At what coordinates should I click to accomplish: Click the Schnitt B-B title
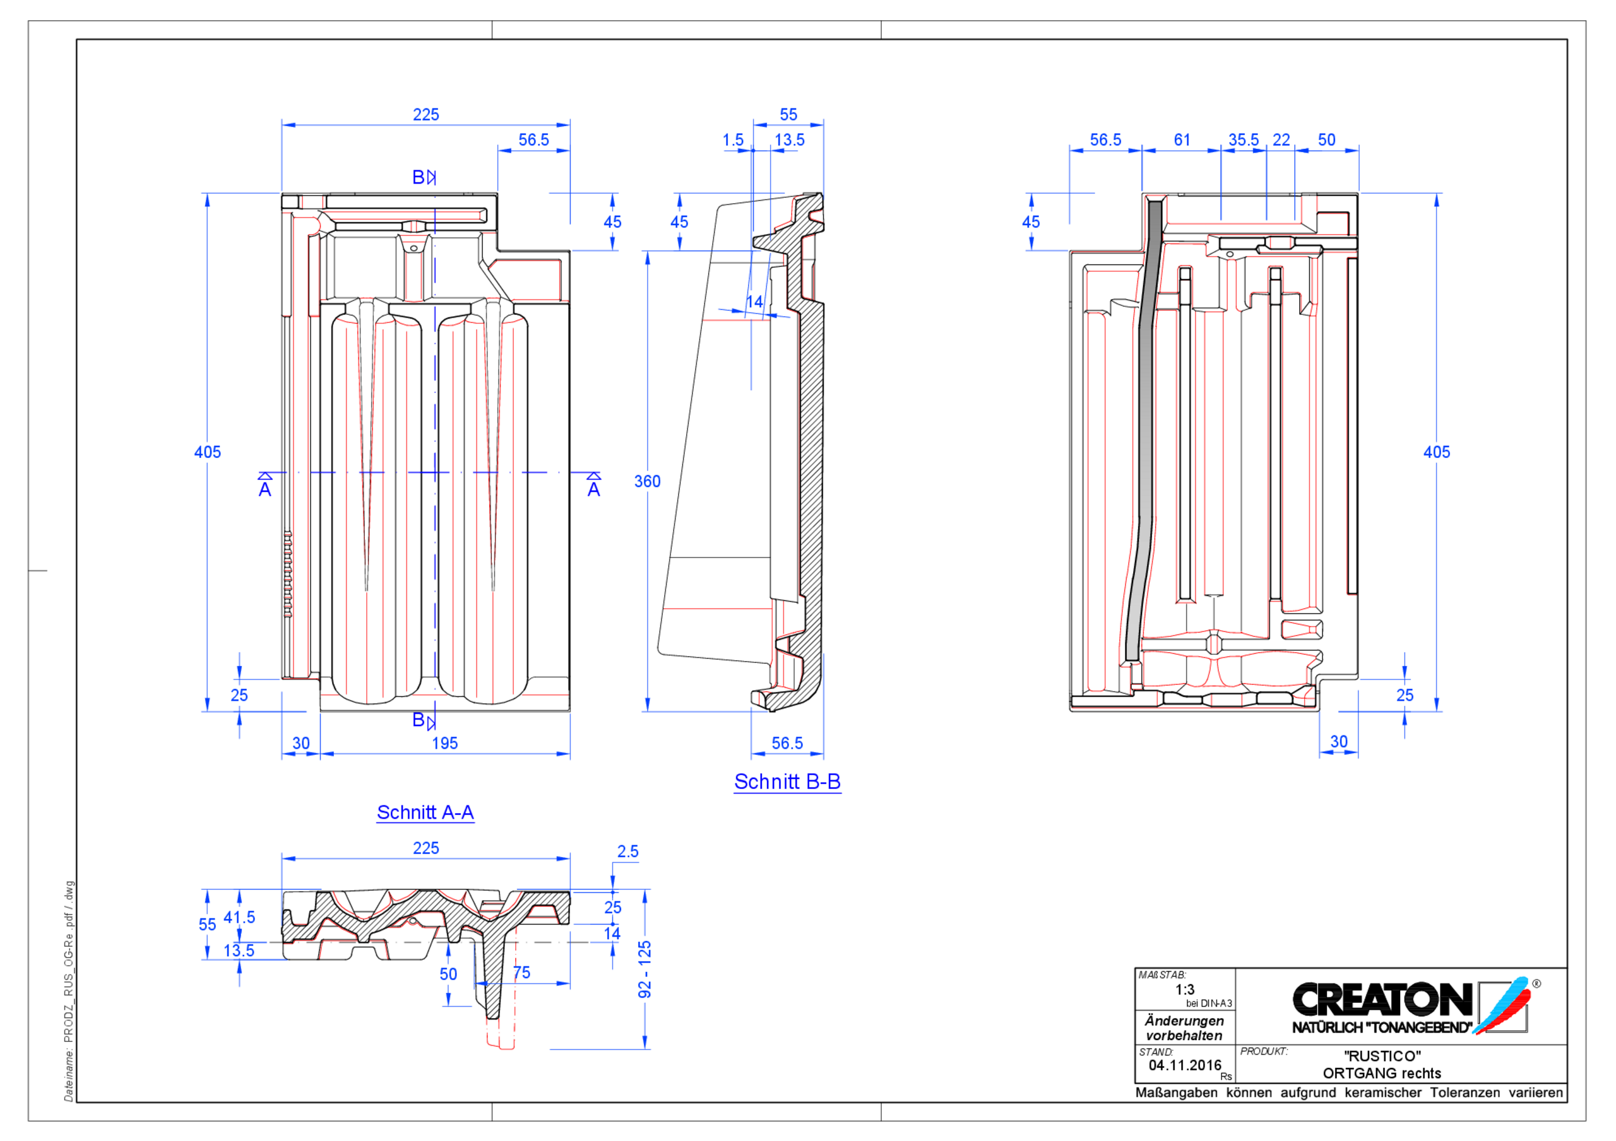787,781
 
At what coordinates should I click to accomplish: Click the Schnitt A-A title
425,812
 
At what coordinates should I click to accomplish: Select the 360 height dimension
647,481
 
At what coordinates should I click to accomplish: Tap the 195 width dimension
444,743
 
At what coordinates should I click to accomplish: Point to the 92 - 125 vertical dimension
645,969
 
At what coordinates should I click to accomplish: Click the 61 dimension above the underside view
1182,140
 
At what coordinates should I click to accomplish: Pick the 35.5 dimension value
1243,140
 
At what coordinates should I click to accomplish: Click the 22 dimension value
1281,140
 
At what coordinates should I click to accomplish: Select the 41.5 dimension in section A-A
239,917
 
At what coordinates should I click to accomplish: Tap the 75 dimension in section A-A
521,972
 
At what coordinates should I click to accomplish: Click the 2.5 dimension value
628,851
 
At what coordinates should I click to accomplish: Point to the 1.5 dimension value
733,140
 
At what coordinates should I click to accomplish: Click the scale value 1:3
1185,989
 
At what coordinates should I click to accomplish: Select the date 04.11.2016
1185,1065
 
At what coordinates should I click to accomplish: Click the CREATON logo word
1381,1000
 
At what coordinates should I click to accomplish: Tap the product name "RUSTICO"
1382,1056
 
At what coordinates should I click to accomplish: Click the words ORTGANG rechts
1382,1074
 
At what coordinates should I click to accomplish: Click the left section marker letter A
264,489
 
